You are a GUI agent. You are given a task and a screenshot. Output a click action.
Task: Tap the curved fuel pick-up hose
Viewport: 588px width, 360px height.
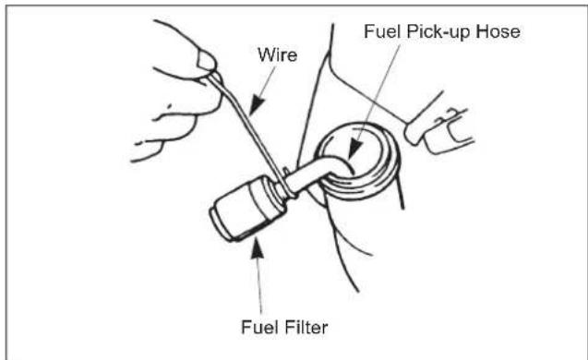point(318,172)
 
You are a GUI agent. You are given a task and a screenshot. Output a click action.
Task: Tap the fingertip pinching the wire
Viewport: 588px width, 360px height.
point(205,63)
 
